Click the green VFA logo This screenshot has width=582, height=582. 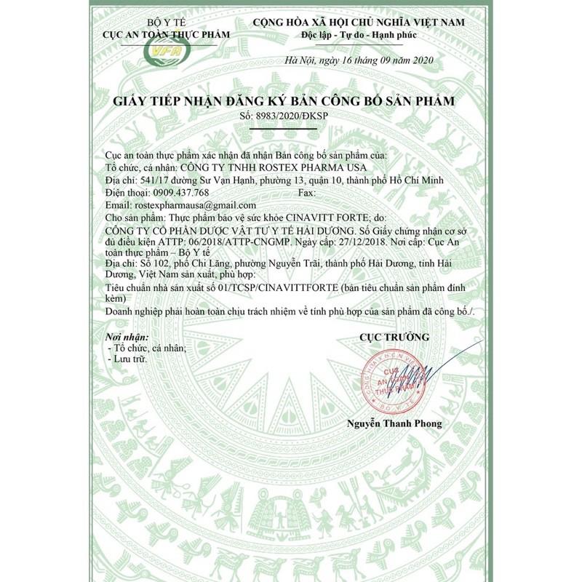[x=167, y=52]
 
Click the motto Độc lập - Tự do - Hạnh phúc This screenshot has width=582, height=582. [x=358, y=35]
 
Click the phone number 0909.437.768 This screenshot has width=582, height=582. [x=180, y=193]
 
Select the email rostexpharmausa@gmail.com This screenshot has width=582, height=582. [x=186, y=206]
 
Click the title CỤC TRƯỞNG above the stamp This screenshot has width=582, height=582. [x=394, y=337]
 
